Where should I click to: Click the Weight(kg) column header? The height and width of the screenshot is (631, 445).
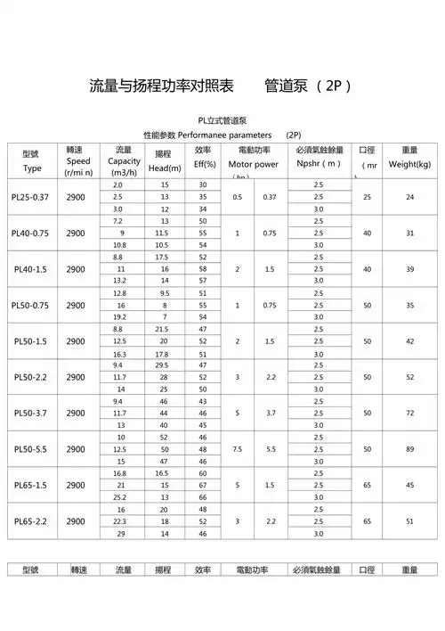click(x=409, y=165)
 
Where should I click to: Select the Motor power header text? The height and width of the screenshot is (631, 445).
click(x=254, y=164)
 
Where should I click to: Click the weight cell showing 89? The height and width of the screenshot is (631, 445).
click(x=410, y=449)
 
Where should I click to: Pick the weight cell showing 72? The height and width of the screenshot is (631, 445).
click(x=410, y=414)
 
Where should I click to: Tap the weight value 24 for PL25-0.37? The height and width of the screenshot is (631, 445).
click(x=410, y=196)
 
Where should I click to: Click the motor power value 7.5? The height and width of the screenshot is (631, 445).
click(x=237, y=449)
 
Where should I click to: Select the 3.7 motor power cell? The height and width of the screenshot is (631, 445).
click(x=271, y=414)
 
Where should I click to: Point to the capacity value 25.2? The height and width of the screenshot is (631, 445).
click(x=118, y=496)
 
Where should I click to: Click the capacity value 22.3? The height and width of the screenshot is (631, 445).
click(x=118, y=520)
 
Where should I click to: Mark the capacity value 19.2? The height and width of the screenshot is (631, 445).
click(x=118, y=316)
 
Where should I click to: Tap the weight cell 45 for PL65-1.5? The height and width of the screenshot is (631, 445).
click(x=410, y=485)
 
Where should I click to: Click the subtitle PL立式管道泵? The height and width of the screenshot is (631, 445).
click(x=223, y=120)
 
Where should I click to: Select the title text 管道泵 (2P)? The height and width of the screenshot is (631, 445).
click(x=309, y=86)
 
